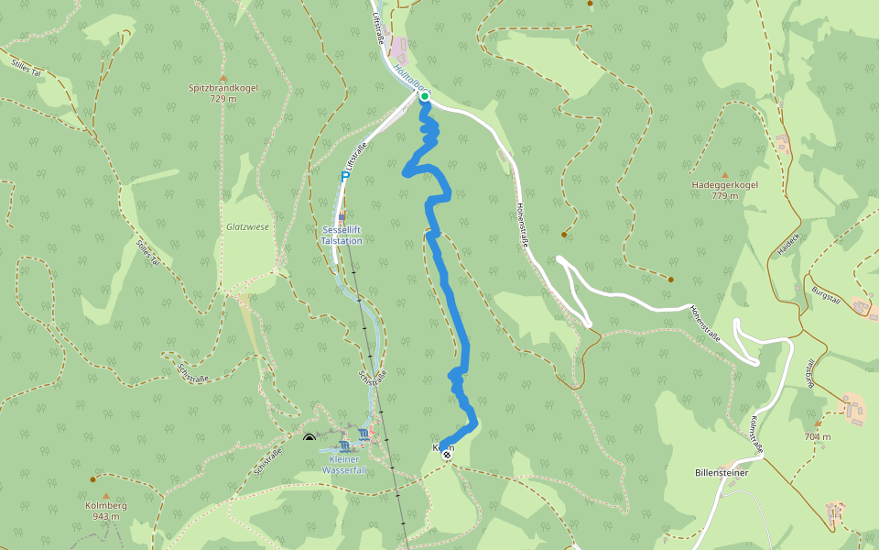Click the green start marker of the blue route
(x=425, y=95)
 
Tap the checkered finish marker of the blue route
(x=447, y=454)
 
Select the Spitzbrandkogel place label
(x=222, y=88)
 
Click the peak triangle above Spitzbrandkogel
(x=222, y=77)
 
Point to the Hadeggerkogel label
(x=724, y=185)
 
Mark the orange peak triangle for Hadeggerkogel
(x=725, y=174)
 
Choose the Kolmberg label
(x=105, y=505)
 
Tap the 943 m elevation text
(x=105, y=516)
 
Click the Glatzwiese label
(x=248, y=226)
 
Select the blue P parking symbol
(x=345, y=176)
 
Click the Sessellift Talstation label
(x=342, y=235)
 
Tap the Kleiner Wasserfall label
(x=343, y=465)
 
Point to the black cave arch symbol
(x=309, y=438)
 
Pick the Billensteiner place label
(x=722, y=473)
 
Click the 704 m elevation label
(x=818, y=436)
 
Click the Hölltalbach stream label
(x=407, y=77)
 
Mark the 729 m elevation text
(x=222, y=99)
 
